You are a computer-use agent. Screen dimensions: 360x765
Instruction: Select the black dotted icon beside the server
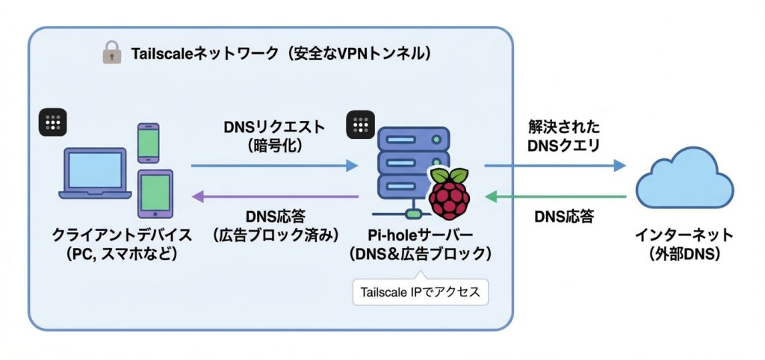tap(361, 125)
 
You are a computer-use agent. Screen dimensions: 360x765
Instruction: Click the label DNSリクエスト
tap(274, 128)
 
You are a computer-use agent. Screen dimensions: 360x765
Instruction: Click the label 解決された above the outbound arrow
tap(562, 126)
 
